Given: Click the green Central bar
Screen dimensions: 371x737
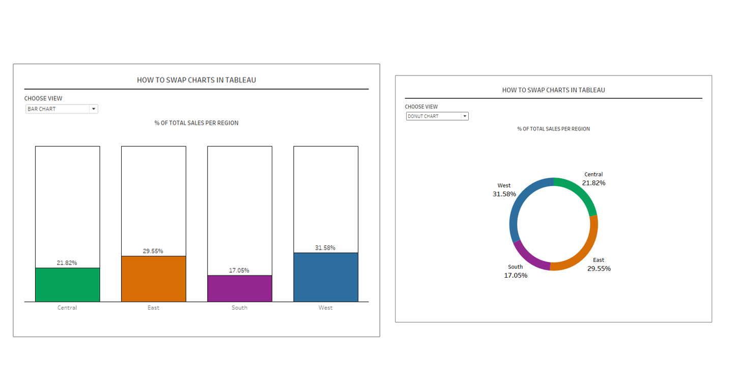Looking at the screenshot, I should tap(67, 285).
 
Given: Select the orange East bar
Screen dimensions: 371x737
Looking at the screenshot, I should tap(153, 279).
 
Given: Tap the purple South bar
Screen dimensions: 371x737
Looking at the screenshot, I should tap(239, 288).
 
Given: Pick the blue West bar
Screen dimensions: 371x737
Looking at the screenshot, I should tap(326, 277).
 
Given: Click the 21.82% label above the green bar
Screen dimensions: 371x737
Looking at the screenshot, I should tap(67, 263).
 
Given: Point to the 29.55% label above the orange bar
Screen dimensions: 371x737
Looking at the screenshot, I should tap(153, 251).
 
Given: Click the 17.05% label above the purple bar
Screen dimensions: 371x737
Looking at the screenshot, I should tap(239, 271).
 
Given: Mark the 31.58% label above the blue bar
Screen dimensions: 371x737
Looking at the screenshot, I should tap(325, 248).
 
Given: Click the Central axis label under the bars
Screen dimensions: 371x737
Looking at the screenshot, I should tap(67, 308).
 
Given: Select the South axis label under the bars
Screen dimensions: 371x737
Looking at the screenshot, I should tap(239, 308).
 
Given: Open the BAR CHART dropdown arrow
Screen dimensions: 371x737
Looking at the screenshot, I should tap(94, 109).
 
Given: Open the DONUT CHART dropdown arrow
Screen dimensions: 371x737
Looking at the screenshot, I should tap(464, 116).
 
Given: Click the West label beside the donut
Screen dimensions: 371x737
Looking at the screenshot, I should tap(504, 185).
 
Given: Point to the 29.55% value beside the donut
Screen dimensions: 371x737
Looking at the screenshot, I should tap(599, 269).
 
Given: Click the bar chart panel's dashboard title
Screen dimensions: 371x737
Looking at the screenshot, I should tap(196, 80).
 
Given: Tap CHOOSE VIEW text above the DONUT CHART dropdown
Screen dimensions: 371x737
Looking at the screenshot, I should tap(421, 107).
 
